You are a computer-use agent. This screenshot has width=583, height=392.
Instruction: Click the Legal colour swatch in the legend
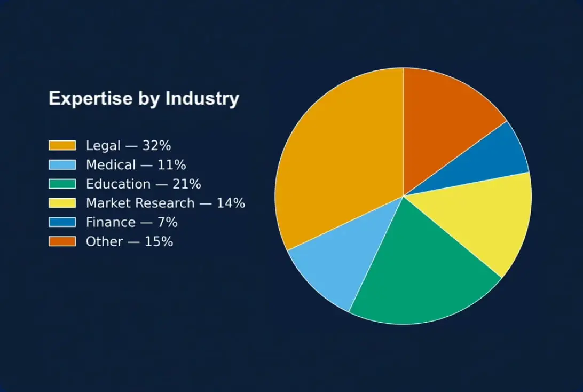point(62,145)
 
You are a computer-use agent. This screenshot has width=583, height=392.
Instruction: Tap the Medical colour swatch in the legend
point(62,164)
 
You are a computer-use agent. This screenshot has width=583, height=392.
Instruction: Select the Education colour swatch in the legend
point(62,184)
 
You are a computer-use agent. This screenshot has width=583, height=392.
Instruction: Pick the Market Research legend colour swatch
point(62,203)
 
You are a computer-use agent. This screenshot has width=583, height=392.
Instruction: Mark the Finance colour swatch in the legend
point(62,222)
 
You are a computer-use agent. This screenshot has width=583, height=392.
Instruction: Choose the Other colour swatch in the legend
point(62,241)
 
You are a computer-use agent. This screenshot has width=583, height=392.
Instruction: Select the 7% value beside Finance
point(167,222)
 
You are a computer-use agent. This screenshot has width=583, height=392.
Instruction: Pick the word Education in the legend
point(118,184)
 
